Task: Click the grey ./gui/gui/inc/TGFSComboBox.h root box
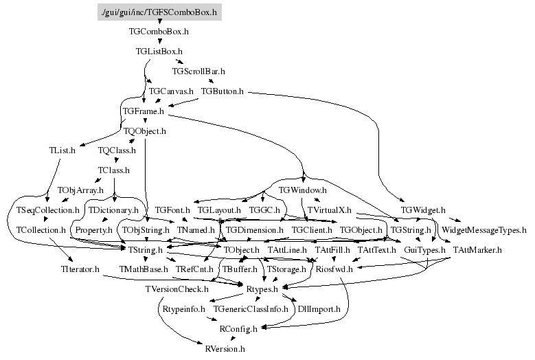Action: (159, 12)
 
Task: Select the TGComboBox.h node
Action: (159, 31)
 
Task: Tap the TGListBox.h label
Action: (159, 51)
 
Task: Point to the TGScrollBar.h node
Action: (198, 71)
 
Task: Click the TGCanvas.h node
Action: (171, 91)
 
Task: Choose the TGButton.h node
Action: (223, 91)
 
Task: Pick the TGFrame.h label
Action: (143, 111)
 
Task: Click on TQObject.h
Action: (144, 130)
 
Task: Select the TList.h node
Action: (62, 150)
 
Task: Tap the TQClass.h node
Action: (117, 150)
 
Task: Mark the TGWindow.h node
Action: (302, 190)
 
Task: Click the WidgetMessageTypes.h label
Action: (483, 229)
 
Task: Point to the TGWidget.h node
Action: (423, 210)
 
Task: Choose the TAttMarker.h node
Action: (478, 249)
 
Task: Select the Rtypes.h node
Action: (262, 290)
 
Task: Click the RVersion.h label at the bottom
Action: (225, 349)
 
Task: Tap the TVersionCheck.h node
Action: (177, 290)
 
